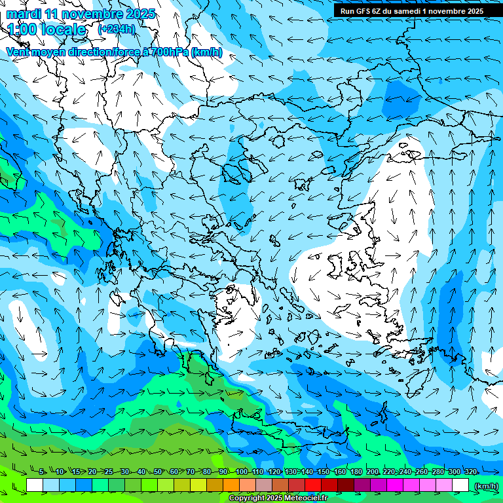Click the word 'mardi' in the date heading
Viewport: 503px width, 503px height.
(x=24, y=14)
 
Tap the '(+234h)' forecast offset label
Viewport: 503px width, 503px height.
(x=117, y=29)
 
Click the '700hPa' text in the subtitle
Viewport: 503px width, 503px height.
(x=170, y=52)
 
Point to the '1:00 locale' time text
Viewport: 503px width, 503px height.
(x=47, y=29)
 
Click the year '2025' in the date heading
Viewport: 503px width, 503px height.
(x=140, y=14)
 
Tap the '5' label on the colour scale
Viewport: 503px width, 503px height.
(x=42, y=472)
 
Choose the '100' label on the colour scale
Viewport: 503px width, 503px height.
(x=242, y=472)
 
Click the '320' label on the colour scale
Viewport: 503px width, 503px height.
(x=470, y=472)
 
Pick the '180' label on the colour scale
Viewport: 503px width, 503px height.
(x=356, y=472)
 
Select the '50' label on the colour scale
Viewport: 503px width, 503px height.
(x=157, y=472)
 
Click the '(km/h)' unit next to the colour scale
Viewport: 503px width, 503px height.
(x=486, y=485)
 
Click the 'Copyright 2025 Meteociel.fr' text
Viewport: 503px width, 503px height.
(x=278, y=498)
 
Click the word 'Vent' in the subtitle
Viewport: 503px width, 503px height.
(x=18, y=52)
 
